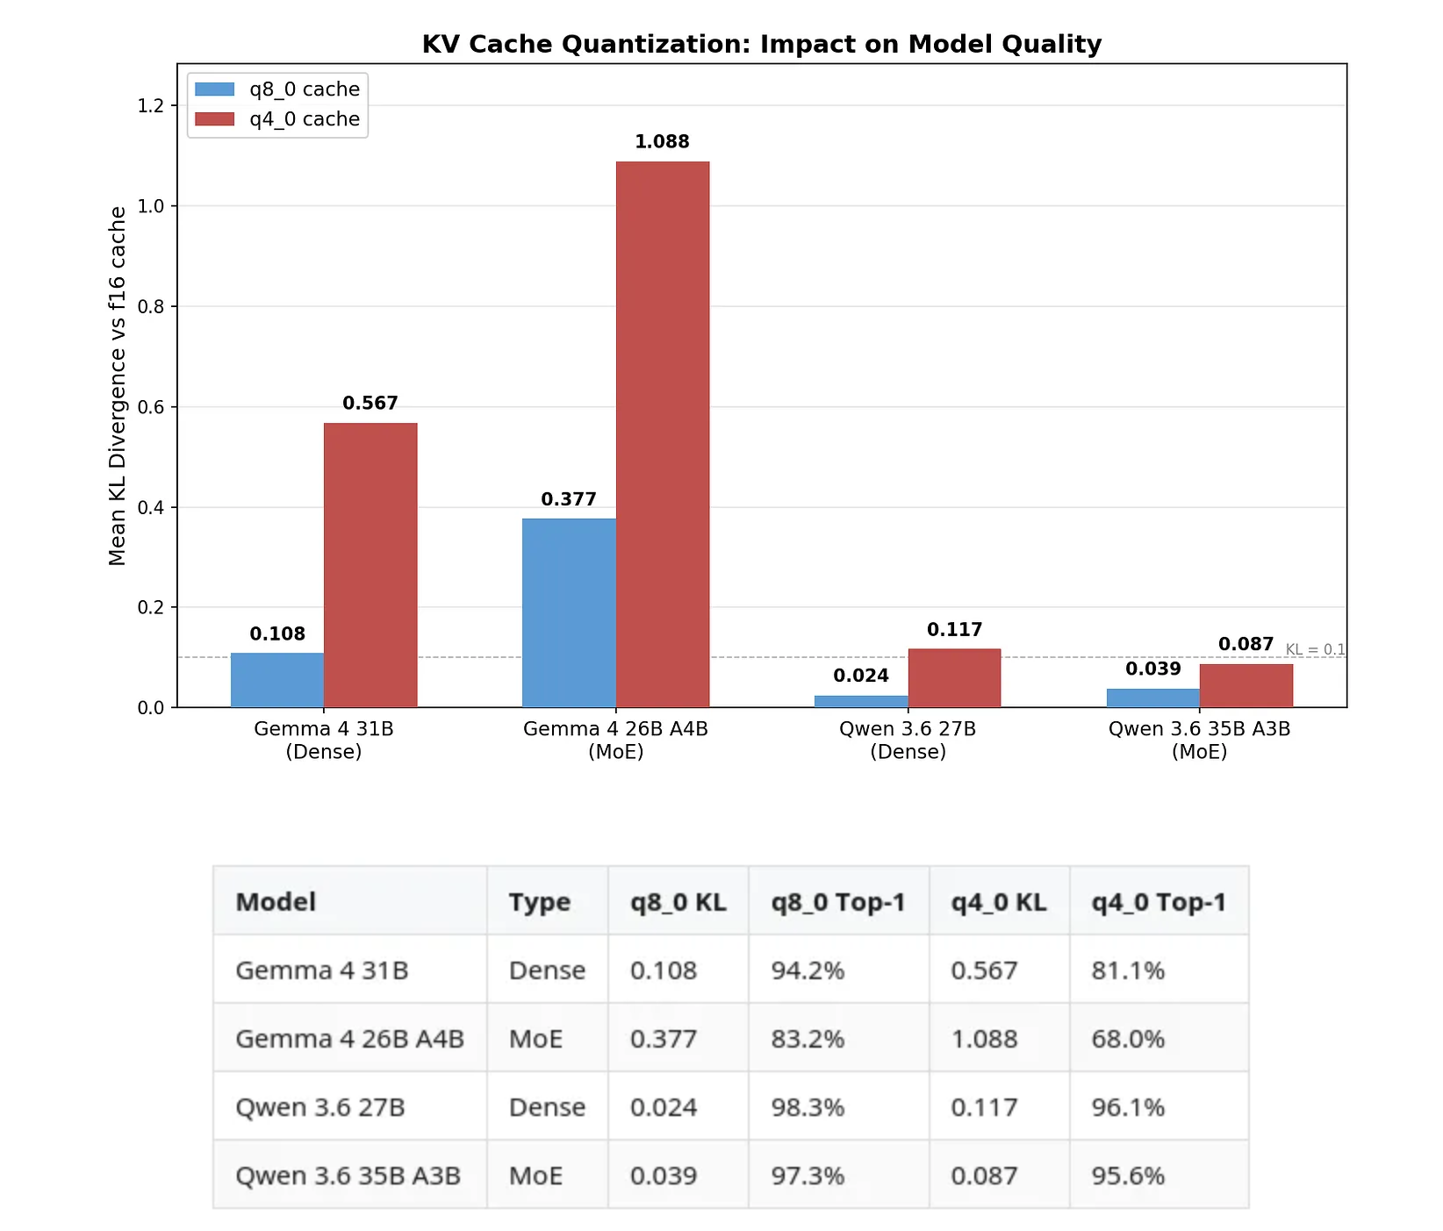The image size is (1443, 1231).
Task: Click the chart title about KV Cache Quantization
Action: click(761, 44)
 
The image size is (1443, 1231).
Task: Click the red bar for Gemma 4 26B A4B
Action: click(663, 434)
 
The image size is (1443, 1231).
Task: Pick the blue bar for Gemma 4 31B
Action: click(277, 680)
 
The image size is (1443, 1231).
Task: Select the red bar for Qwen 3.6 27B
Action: click(954, 678)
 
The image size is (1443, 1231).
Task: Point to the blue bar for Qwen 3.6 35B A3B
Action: click(1152, 698)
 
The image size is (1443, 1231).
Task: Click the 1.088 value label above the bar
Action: click(662, 142)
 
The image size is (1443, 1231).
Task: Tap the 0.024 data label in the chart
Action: click(861, 676)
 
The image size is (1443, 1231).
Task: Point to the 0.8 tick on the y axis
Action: click(151, 307)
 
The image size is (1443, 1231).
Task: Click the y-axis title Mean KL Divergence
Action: click(118, 386)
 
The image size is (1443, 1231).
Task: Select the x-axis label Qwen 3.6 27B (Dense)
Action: click(908, 740)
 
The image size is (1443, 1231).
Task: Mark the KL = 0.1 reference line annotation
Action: click(1315, 649)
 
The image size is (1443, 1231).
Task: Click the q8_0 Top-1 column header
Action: click(837, 902)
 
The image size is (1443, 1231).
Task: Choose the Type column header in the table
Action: click(540, 902)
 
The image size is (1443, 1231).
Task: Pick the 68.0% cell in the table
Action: click(1128, 1039)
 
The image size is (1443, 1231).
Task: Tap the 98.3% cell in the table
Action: click(808, 1107)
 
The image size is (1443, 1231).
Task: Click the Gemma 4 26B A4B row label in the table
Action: click(349, 1039)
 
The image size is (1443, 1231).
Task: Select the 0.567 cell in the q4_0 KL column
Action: click(984, 970)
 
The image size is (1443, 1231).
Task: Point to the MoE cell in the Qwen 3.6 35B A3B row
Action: click(535, 1176)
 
